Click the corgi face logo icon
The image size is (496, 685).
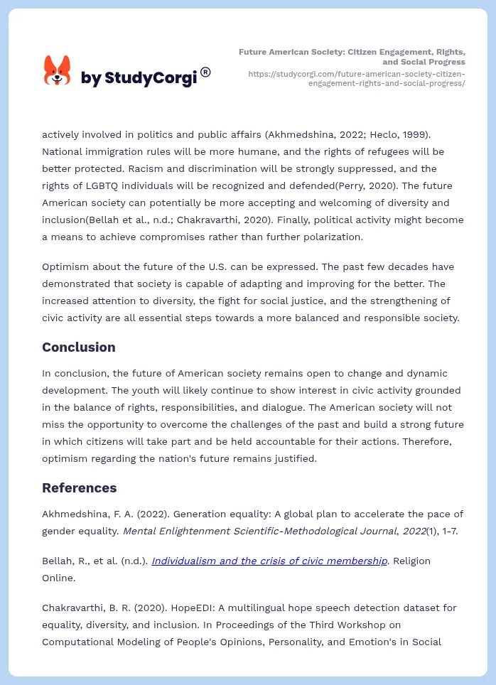[x=58, y=71]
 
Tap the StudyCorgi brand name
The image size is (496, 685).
[x=139, y=77]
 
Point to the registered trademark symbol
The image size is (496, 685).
[x=205, y=72]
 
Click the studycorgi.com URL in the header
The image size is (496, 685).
[x=357, y=78]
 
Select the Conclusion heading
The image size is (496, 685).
[x=78, y=347]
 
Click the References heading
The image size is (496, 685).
[x=79, y=487]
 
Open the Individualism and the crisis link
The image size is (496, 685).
[x=269, y=561]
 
